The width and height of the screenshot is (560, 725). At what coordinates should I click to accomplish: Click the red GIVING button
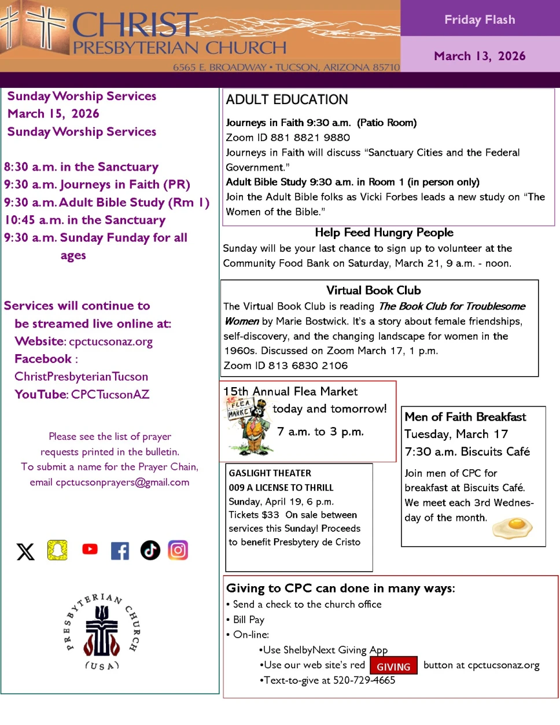[x=393, y=667]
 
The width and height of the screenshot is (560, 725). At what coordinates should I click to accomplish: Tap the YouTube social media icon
[x=90, y=549]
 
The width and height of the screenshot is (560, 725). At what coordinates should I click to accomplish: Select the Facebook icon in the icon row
[x=120, y=550]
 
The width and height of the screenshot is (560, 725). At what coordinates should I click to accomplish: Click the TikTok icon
[x=150, y=550]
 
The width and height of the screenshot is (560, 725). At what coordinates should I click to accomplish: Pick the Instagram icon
[x=178, y=550]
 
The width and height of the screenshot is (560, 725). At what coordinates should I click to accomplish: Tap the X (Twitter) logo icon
[x=25, y=551]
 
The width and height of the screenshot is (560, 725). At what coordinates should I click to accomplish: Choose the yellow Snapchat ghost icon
[x=57, y=550]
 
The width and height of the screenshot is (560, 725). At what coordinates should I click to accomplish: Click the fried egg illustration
[x=513, y=527]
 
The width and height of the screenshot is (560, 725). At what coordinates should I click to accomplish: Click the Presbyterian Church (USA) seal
[x=102, y=631]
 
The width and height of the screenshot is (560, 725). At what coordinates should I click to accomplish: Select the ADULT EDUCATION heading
[x=287, y=100]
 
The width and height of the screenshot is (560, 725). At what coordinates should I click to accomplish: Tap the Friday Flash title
[x=480, y=20]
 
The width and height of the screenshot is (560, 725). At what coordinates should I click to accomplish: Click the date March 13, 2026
[x=480, y=56]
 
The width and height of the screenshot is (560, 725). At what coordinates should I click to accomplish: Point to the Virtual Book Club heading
[x=373, y=290]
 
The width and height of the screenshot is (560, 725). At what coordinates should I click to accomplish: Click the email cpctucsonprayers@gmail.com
[x=123, y=482]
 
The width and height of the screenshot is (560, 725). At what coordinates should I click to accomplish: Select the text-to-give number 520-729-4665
[x=364, y=680]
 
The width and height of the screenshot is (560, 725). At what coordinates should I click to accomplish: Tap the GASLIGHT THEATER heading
[x=270, y=473]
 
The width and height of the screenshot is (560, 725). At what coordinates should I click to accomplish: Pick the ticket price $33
[x=270, y=515]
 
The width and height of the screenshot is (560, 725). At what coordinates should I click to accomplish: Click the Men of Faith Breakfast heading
[x=465, y=417]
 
